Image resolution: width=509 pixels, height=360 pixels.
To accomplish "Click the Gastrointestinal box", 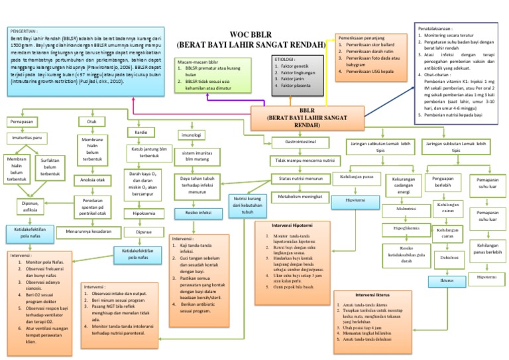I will [300, 142].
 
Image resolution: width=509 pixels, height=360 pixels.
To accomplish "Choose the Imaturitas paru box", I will [27, 138].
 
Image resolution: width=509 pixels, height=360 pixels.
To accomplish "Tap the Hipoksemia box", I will [144, 214].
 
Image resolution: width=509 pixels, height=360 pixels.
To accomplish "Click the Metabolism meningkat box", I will [301, 197].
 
